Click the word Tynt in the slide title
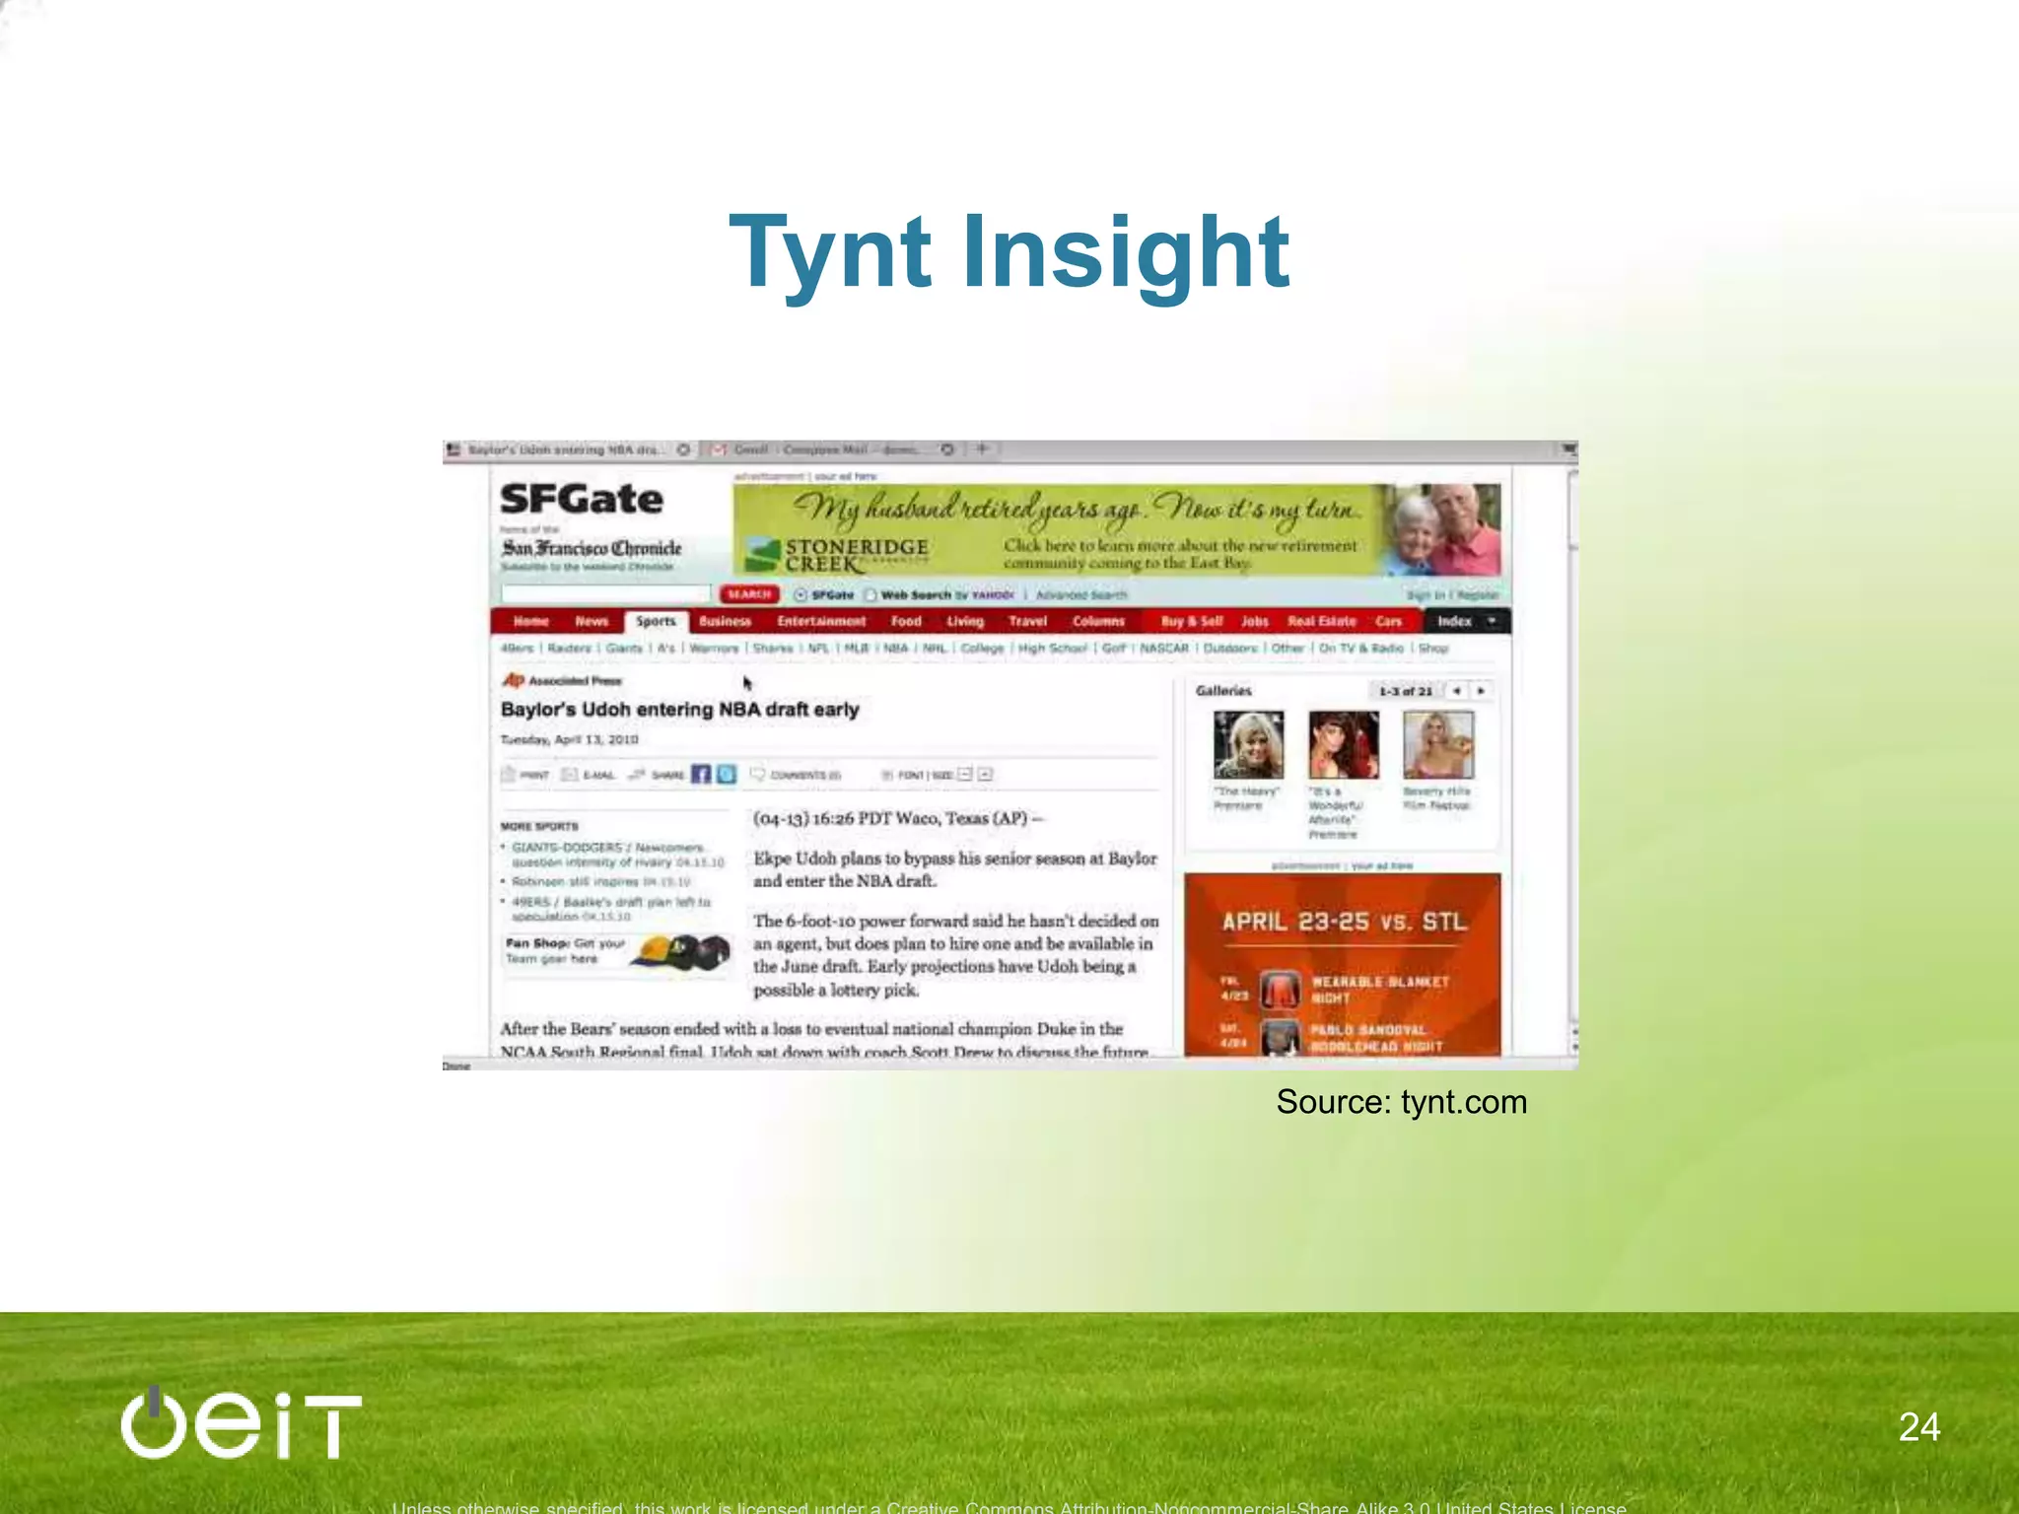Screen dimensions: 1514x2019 click(830, 253)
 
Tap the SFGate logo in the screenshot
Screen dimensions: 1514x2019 click(581, 500)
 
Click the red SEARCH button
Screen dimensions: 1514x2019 click(748, 594)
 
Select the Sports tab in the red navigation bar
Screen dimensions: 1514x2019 click(656, 621)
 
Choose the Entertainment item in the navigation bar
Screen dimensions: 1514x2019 click(820, 621)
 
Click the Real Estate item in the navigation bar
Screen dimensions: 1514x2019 click(1321, 621)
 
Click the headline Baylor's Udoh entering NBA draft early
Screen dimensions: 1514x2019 click(679, 710)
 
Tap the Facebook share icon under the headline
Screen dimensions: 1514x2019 click(701, 774)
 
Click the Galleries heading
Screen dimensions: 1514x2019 click(1223, 691)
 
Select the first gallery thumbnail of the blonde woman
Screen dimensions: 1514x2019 click(1248, 745)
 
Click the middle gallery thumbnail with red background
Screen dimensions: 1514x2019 click(1343, 745)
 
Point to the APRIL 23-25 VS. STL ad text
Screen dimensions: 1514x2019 click(1344, 922)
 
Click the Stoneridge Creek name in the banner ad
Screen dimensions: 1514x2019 click(856, 555)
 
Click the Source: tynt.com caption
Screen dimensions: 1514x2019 click(1401, 1102)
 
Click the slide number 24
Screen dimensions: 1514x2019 click(1918, 1427)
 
